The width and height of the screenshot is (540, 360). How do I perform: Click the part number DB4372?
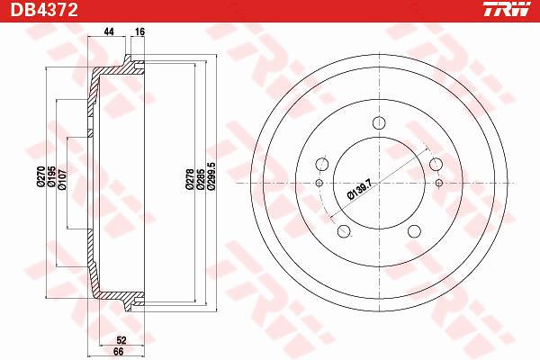pyautogui.click(x=44, y=10)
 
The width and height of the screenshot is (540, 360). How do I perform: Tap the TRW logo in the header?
pyautogui.click(x=506, y=9)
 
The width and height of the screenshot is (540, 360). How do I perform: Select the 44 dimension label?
pyautogui.click(x=109, y=31)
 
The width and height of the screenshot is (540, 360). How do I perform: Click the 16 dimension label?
pyautogui.click(x=139, y=31)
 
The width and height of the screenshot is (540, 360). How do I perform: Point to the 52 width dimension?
pyautogui.click(x=121, y=340)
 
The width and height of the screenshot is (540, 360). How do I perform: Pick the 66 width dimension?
pyautogui.click(x=118, y=352)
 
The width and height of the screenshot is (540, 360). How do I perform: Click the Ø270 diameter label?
pyautogui.click(x=41, y=176)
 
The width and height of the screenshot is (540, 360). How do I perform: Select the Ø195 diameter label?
pyautogui.click(x=51, y=176)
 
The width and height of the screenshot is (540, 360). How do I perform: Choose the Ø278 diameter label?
pyautogui.click(x=189, y=179)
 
